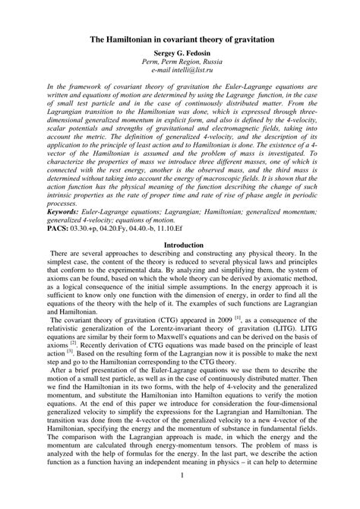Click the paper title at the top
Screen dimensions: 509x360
pos(179,37)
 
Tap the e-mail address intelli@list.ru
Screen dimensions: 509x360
pos(179,71)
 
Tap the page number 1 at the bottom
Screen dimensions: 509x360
pos(180,497)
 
